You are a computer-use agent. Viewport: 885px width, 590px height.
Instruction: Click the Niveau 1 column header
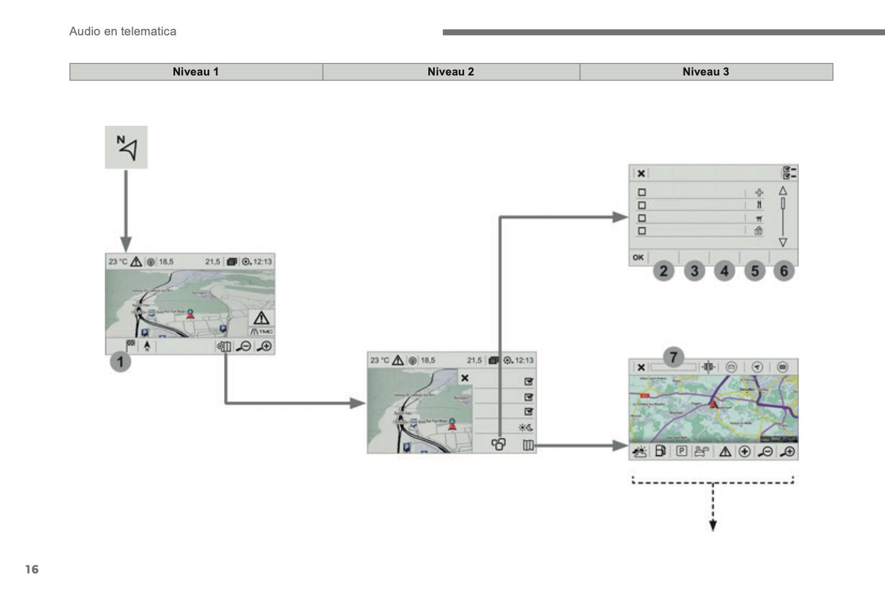pos(195,72)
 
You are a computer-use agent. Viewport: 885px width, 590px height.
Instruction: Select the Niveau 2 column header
pos(451,72)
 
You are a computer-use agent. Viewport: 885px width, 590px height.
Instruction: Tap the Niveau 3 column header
pos(706,72)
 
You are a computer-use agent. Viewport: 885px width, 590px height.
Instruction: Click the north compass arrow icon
pos(126,148)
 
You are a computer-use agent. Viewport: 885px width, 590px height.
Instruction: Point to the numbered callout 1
pos(120,361)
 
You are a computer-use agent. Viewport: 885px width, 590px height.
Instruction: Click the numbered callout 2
pos(663,271)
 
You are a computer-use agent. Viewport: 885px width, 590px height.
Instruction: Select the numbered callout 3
pos(694,271)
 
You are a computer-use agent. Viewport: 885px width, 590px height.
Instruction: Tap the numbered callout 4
pos(724,271)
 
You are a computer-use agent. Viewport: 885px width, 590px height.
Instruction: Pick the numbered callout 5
pos(755,271)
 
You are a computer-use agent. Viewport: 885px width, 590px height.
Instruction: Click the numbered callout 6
pos(784,271)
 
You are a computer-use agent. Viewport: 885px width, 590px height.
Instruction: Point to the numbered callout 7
pos(673,357)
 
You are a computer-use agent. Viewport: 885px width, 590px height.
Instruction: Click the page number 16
pos(32,569)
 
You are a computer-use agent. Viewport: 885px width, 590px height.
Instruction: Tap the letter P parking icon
pos(682,452)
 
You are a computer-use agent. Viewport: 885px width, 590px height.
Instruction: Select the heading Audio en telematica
pos(122,31)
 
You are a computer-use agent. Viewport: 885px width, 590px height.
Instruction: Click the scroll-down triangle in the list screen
pos(783,243)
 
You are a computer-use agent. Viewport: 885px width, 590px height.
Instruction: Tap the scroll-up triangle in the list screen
pos(783,191)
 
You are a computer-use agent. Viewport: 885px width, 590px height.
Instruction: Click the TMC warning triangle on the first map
pos(262,319)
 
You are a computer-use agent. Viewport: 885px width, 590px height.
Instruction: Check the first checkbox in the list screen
pos(642,192)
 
